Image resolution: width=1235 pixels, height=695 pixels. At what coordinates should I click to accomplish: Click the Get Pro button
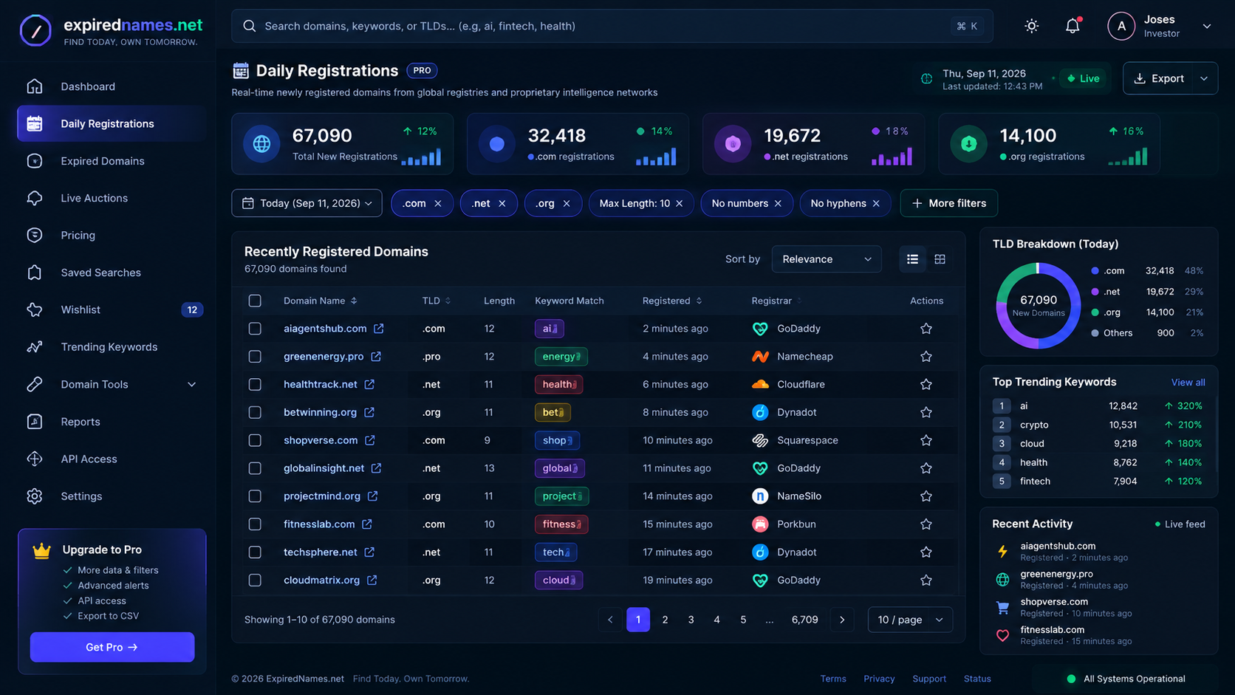point(112,647)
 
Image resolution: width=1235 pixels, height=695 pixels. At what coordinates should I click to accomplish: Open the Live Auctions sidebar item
point(94,198)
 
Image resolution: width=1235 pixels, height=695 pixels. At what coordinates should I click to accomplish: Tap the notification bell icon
point(1072,26)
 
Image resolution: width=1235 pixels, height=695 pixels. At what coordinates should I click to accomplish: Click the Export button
point(1158,78)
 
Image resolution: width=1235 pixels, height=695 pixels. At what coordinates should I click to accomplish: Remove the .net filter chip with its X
point(502,203)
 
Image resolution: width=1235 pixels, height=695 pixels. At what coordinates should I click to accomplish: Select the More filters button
point(949,203)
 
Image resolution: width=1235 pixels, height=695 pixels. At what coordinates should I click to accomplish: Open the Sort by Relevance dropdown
point(827,259)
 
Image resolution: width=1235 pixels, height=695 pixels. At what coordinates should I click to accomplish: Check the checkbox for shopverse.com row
point(255,440)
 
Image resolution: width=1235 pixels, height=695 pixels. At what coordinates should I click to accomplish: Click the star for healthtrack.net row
point(926,384)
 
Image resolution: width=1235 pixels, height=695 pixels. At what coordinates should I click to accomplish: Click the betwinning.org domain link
point(320,412)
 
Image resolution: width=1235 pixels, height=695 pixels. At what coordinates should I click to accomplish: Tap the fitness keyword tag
point(561,524)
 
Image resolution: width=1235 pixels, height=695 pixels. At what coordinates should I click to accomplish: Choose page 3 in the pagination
point(691,620)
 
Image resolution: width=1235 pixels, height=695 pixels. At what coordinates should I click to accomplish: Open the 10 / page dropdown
point(910,620)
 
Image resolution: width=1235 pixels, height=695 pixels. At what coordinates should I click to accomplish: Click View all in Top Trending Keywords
point(1188,382)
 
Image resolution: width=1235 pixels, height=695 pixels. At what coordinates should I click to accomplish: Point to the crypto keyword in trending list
point(1034,425)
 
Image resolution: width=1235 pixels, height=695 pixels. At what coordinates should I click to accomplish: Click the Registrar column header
point(771,301)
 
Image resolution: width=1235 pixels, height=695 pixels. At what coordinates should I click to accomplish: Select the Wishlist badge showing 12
point(192,309)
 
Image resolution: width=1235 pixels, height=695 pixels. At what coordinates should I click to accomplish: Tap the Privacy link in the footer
point(879,679)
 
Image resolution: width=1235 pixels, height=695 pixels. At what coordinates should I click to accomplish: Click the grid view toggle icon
point(940,259)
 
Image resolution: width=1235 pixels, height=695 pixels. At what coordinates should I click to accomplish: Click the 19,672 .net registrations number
point(792,135)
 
